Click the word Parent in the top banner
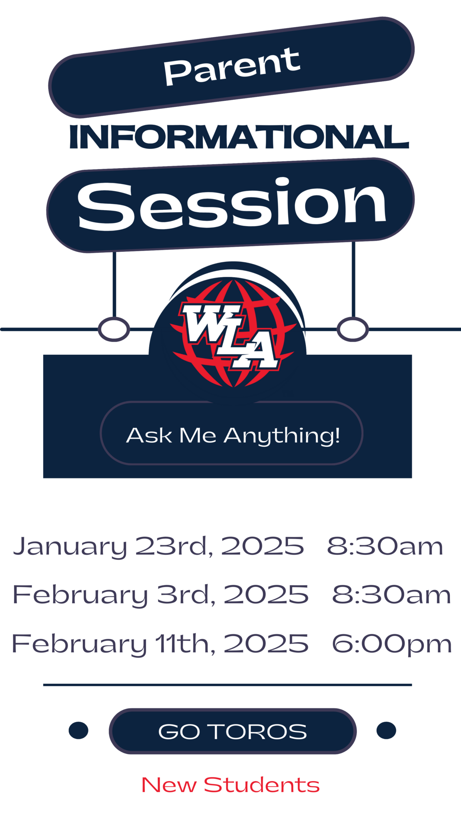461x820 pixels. tap(232, 66)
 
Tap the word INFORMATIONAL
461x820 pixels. tap(239, 137)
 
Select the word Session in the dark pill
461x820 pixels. tap(232, 204)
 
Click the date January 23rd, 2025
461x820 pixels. tap(158, 546)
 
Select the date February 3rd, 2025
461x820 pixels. tap(160, 595)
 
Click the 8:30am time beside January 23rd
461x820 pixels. tap(385, 546)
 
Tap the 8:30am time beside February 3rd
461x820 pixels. tap(391, 595)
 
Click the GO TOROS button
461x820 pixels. tap(233, 731)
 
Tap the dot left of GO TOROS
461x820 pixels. tap(78, 730)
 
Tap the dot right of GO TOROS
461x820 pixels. tap(386, 730)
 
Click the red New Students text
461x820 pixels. tap(230, 785)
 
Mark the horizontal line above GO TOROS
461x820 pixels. tap(227, 685)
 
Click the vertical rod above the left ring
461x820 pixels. tap(114, 284)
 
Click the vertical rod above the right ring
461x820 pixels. tap(353, 279)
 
